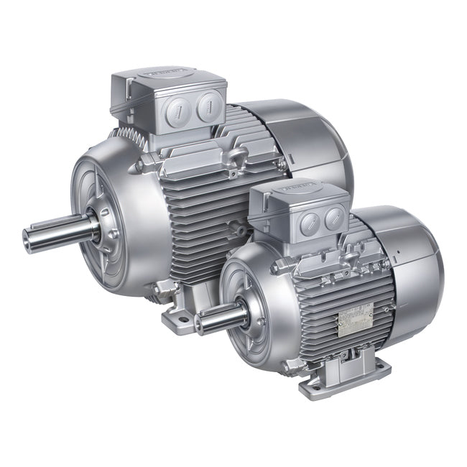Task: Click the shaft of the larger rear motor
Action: pos(61,229)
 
